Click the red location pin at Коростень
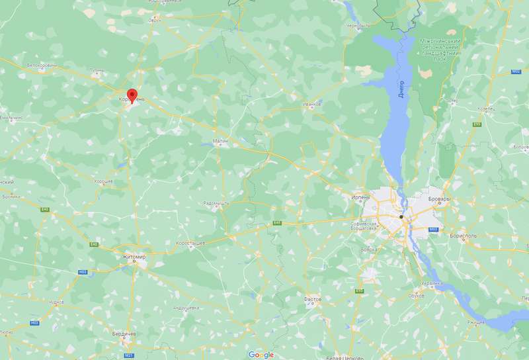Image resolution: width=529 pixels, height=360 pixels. (132, 96)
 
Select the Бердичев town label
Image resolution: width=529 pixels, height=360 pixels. (124, 334)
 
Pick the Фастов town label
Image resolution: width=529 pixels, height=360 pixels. (312, 299)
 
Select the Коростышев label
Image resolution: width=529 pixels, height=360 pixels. (189, 244)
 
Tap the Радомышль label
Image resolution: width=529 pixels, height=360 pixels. (216, 202)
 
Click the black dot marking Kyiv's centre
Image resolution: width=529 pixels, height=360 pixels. (401, 216)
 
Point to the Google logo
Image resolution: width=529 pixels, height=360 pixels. (261, 355)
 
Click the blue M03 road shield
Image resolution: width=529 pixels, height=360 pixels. (434, 229)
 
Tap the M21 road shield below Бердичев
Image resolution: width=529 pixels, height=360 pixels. (129, 355)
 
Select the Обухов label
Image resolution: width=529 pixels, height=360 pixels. (416, 295)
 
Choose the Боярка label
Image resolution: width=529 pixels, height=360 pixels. (368, 249)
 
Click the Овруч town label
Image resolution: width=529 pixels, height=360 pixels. (155, 20)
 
